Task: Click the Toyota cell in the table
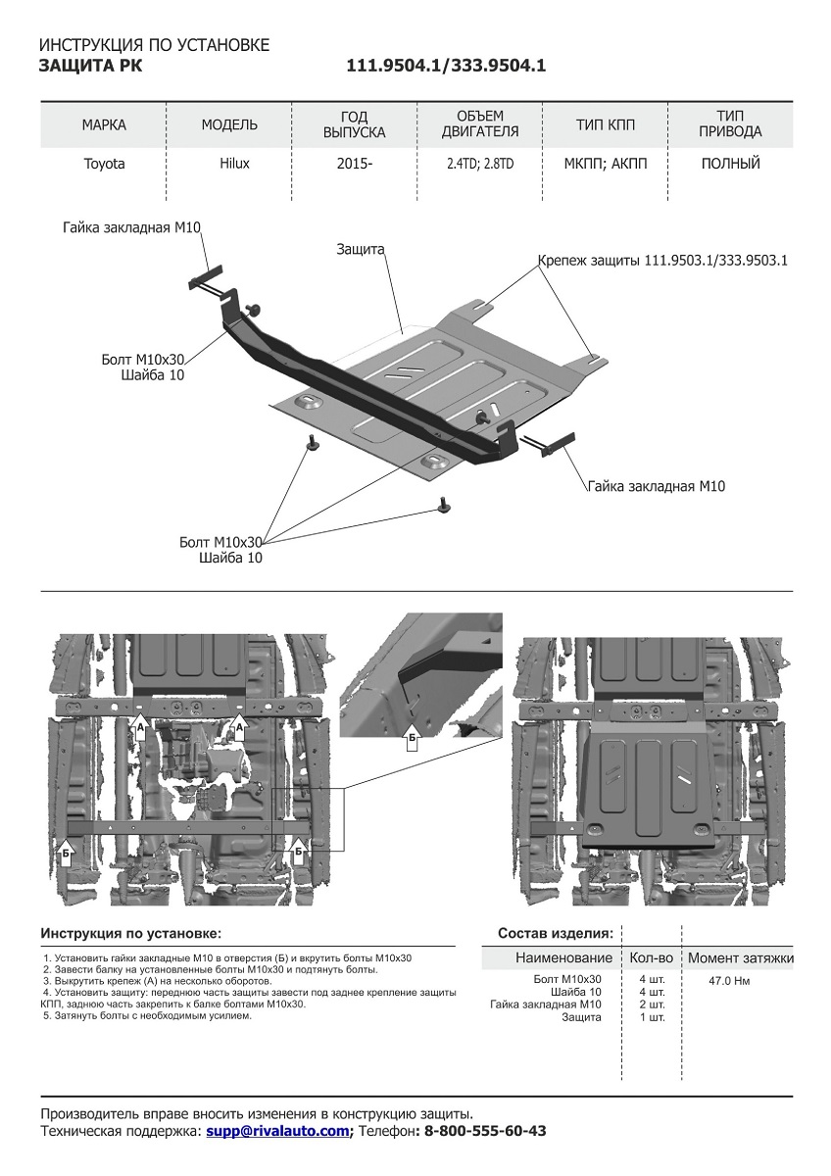(104, 164)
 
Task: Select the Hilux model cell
(234, 164)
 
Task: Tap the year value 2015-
(354, 164)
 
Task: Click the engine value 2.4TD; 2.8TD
(480, 164)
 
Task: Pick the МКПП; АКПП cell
(606, 164)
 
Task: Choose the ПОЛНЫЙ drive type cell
(731, 164)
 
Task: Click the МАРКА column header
(104, 124)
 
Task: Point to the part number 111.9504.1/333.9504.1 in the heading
(446, 66)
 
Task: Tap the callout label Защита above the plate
(360, 250)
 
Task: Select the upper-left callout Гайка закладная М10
(131, 227)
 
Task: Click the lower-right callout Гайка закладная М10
(657, 486)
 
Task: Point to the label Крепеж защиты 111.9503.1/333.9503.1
(663, 261)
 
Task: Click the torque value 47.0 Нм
(730, 979)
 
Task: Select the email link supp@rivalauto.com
(277, 1131)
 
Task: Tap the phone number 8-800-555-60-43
(483, 1131)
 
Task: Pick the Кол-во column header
(651, 957)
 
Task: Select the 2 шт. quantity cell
(651, 1004)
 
